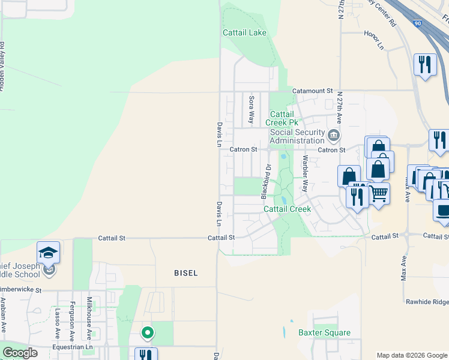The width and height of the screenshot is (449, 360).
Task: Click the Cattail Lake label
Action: tap(244, 32)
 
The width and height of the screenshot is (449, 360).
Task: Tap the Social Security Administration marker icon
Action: tap(334, 133)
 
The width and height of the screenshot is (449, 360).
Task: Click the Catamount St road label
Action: tap(312, 91)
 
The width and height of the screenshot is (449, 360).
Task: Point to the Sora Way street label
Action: tap(252, 109)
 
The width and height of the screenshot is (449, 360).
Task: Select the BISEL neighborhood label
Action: tap(185, 272)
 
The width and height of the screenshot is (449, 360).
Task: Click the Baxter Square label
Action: tap(324, 332)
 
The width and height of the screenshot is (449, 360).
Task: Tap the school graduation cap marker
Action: tap(48, 253)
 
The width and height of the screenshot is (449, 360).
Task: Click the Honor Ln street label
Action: tap(373, 40)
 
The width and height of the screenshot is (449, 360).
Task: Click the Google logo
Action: tap(20, 353)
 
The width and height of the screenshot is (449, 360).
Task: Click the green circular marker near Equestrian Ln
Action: tap(146, 331)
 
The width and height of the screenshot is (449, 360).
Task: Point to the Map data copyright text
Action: tap(412, 355)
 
